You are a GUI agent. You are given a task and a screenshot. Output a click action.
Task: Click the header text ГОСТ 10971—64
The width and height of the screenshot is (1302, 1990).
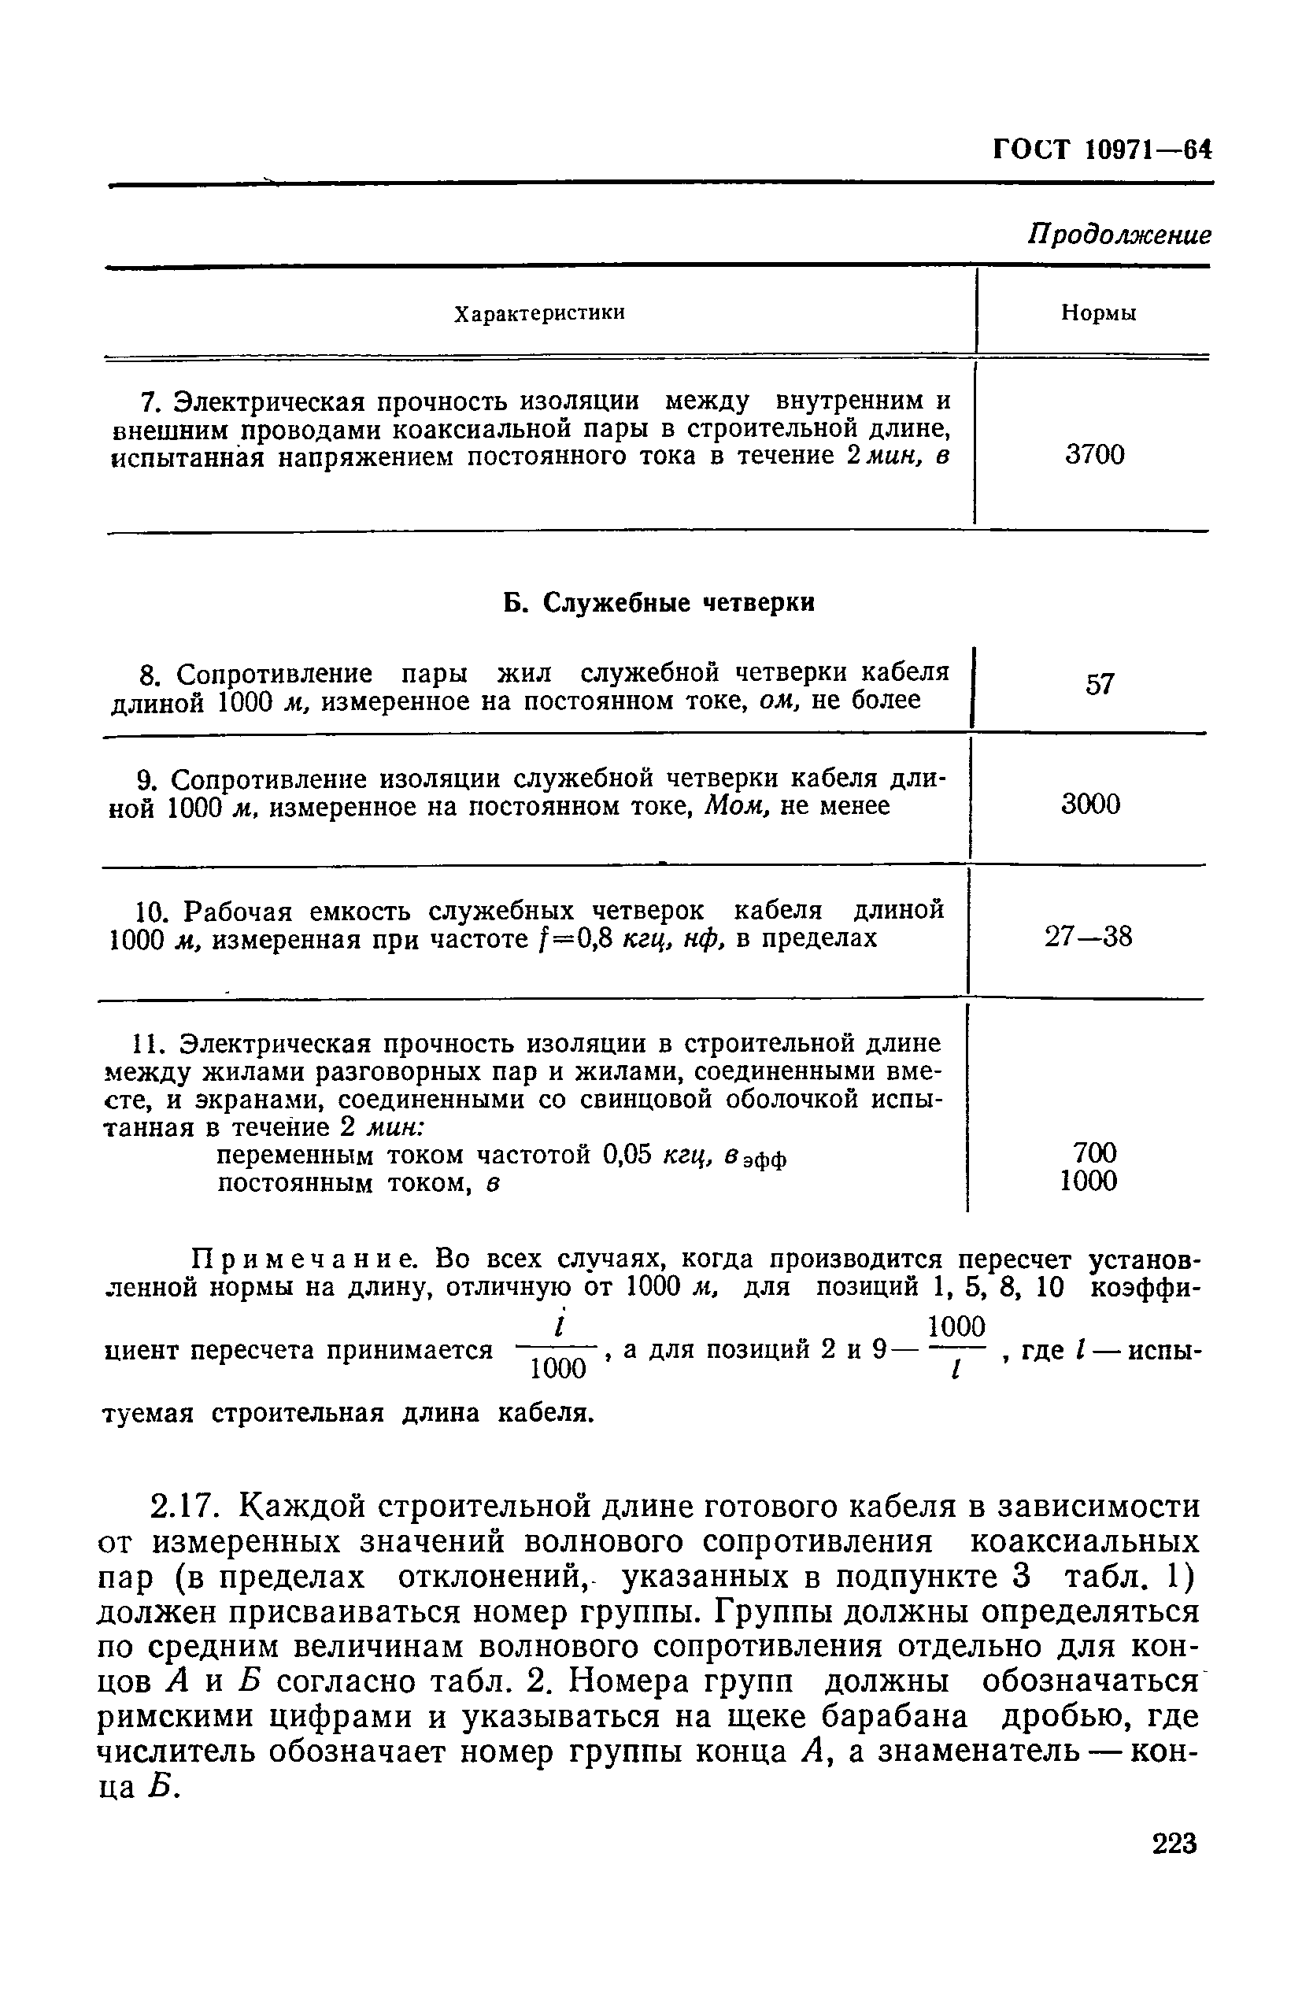[x=1101, y=150]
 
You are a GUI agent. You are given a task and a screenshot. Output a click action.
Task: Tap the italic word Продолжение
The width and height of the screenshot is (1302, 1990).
[x=1119, y=235]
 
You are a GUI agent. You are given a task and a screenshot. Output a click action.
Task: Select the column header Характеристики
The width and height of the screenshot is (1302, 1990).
[x=539, y=313]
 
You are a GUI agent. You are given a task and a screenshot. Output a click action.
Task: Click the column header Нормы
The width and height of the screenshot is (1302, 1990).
[x=1098, y=313]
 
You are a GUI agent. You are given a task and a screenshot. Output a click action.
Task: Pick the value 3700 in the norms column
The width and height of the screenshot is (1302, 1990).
[x=1095, y=456]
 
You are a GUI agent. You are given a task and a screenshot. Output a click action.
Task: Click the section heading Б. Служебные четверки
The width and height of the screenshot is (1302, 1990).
[x=659, y=602]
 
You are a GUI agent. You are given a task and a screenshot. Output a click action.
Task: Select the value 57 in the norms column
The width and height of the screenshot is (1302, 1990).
[x=1100, y=685]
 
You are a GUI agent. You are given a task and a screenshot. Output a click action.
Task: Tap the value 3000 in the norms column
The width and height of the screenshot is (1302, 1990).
[x=1090, y=805]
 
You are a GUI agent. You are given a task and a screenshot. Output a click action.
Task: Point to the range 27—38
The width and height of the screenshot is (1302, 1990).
[x=1088, y=937]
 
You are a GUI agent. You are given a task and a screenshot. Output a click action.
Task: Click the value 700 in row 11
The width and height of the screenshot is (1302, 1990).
[x=1093, y=1153]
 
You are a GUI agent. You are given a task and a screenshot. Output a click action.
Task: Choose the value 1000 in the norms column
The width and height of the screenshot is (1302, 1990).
[x=1088, y=1182]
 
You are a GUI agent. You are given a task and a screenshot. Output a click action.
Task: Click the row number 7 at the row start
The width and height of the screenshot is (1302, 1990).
[x=148, y=403]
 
